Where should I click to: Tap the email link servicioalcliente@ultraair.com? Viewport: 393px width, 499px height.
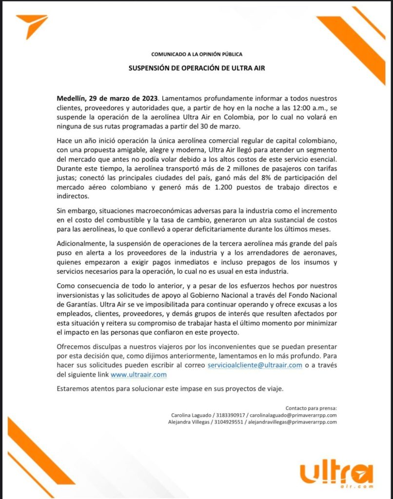coord(255,365)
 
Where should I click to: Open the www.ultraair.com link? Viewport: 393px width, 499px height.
coord(139,374)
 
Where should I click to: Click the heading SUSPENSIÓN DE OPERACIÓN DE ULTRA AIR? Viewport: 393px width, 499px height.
coord(196,68)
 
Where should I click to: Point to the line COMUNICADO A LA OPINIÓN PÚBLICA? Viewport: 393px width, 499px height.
coord(196,54)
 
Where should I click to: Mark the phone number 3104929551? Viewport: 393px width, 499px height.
coord(226,422)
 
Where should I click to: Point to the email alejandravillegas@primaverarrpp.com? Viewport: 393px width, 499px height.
coord(292,422)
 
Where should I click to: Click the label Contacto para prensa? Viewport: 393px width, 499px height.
coord(311,408)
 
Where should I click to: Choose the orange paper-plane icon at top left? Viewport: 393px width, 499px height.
coord(32,26)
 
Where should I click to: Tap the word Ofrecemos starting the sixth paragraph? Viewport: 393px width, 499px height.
coord(74,346)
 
